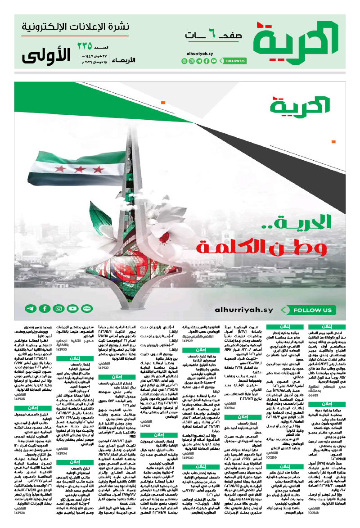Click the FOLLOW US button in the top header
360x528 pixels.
tap(234, 61)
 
